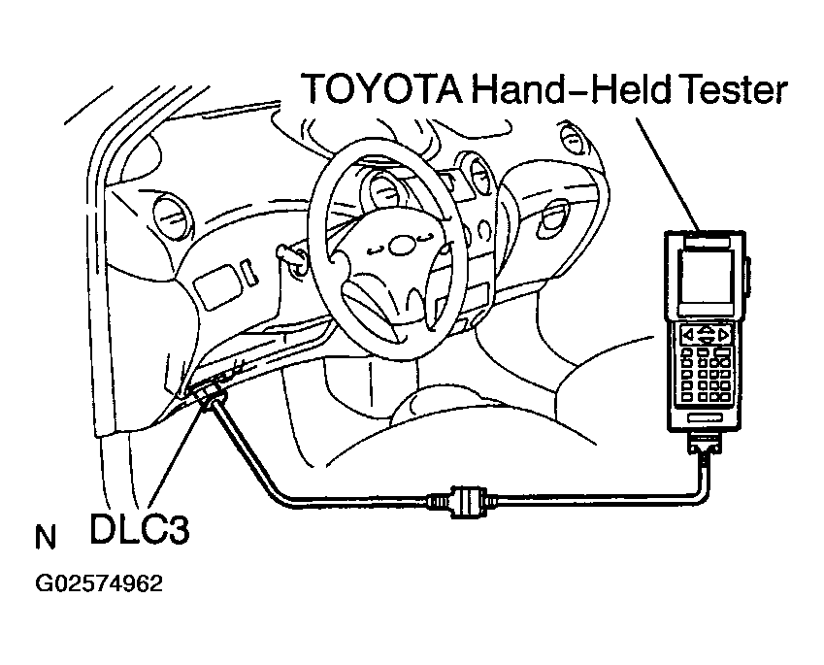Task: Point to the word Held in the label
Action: click(618, 89)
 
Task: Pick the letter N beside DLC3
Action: click(45, 537)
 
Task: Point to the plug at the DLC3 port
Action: click(209, 393)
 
